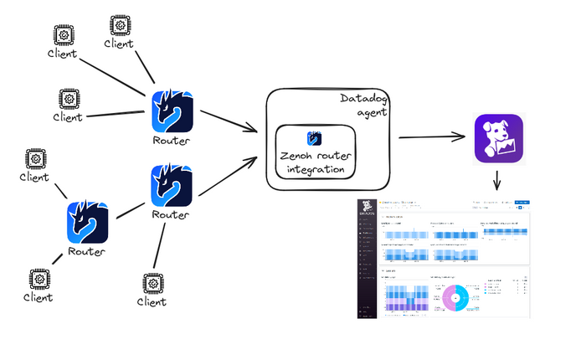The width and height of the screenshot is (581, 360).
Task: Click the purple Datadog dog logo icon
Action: pyautogui.click(x=498, y=138)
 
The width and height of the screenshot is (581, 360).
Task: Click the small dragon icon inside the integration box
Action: pyautogui.click(x=315, y=138)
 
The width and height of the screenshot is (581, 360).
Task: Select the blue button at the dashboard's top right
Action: pyautogui.click(x=522, y=202)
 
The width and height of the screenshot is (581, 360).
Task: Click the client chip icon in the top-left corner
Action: pyautogui.click(x=62, y=34)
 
